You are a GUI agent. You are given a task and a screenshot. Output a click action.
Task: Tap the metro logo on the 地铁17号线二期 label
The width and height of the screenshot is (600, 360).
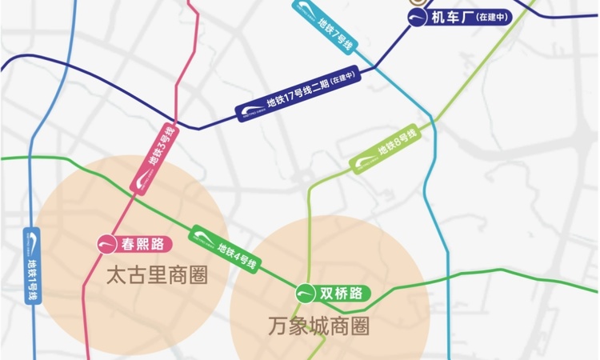coord(250,111)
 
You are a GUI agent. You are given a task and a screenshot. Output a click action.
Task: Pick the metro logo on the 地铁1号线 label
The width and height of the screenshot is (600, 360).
coord(33,239)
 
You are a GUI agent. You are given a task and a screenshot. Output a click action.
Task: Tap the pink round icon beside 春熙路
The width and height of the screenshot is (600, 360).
coord(106,243)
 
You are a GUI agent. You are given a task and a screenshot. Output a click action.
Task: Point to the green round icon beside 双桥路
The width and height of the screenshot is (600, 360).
coord(306,294)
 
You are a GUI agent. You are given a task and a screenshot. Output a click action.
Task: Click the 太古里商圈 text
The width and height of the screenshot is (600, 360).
coord(157,276)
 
